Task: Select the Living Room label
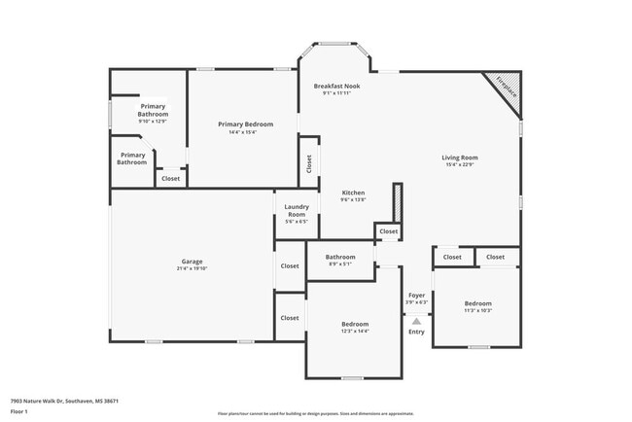(460, 158)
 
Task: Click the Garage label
(192, 262)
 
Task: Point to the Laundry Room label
(296, 210)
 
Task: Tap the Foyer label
(416, 296)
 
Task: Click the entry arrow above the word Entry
(416, 320)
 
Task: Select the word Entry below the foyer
(416, 333)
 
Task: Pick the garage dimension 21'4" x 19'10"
(192, 268)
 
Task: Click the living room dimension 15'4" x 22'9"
(460, 165)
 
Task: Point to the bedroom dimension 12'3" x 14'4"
(354, 331)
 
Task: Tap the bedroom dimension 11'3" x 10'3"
(477, 311)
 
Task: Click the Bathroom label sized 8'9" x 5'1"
(339, 257)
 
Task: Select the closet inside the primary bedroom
(170, 178)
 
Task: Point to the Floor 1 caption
(20, 411)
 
